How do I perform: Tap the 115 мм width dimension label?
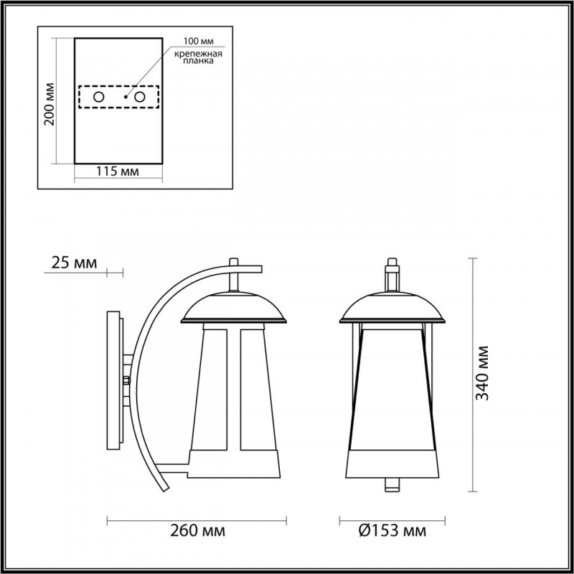(117, 171)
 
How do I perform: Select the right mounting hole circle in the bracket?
(140, 96)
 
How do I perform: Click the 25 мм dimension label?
(73, 263)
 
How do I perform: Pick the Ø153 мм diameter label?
(392, 532)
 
